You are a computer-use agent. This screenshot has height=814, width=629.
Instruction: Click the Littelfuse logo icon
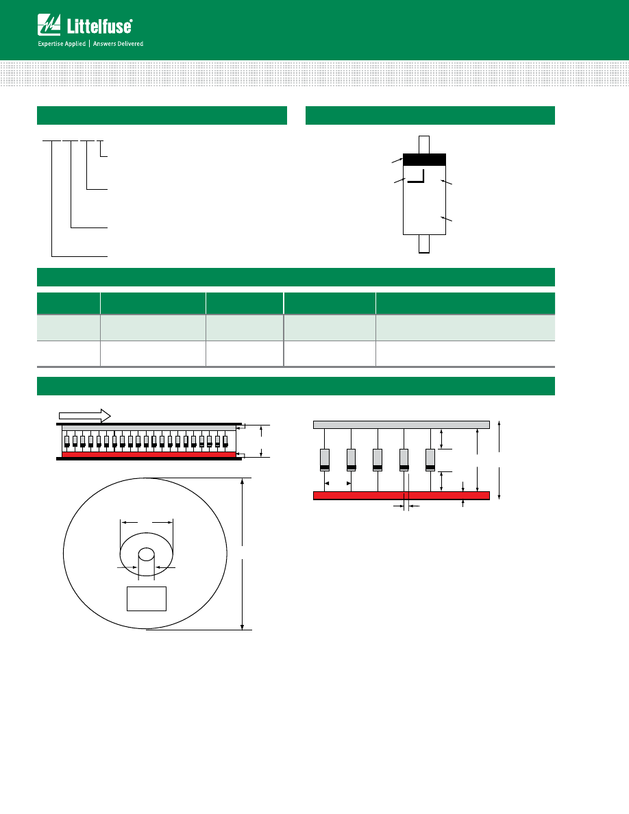tap(49, 25)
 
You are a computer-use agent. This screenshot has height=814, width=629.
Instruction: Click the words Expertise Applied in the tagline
tap(62, 44)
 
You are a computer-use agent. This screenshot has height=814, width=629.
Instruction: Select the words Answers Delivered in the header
tap(119, 44)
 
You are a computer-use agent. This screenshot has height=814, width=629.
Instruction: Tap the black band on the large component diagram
tap(425, 160)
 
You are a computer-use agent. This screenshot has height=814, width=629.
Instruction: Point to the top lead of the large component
tap(424, 145)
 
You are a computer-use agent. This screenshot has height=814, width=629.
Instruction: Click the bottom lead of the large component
tap(424, 244)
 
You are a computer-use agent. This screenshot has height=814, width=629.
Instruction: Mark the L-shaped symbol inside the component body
tap(417, 176)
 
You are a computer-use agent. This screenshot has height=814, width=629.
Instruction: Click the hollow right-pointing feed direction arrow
tap(84, 416)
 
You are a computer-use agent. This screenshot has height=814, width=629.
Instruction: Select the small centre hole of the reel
tap(147, 554)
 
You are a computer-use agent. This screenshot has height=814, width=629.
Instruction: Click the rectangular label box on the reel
tap(147, 599)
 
